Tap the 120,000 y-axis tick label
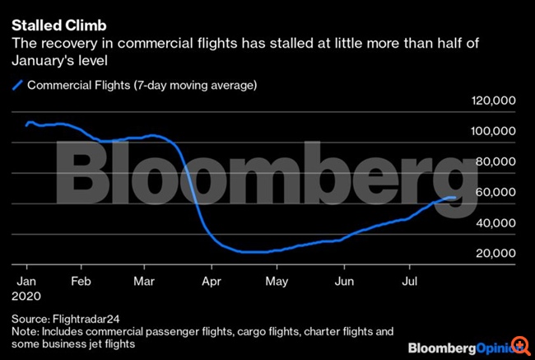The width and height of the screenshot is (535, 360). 492,101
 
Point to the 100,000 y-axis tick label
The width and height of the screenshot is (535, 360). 492,131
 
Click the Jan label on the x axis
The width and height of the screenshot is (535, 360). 26,279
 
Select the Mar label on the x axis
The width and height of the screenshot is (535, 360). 144,279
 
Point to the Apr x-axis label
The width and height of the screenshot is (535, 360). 212,279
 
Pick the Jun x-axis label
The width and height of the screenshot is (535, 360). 345,279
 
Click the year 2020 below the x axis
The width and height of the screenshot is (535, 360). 26,293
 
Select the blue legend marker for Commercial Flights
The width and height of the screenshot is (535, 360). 16,84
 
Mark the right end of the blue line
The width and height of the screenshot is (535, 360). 455,197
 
